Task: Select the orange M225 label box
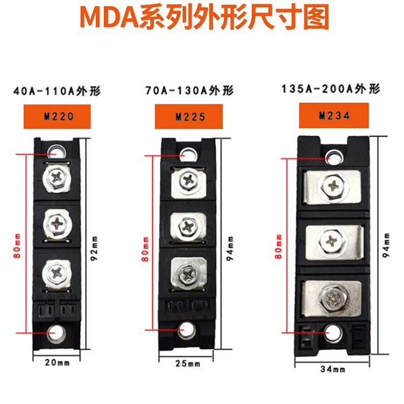[186, 115]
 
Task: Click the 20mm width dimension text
[57, 362]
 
